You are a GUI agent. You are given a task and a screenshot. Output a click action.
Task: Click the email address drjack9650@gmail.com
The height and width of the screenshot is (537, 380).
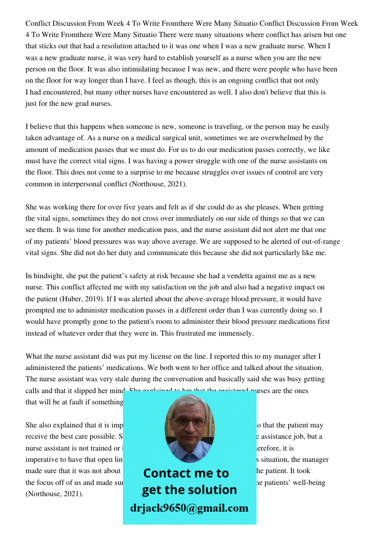coord(189,508)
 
